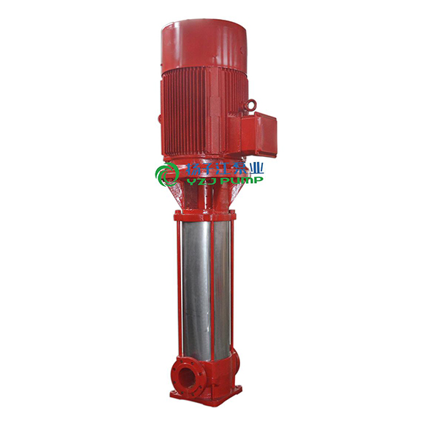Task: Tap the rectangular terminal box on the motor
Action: point(258,134)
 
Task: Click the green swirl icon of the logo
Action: point(167,174)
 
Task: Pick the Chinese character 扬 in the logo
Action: point(191,169)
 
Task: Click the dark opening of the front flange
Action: point(185,376)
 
